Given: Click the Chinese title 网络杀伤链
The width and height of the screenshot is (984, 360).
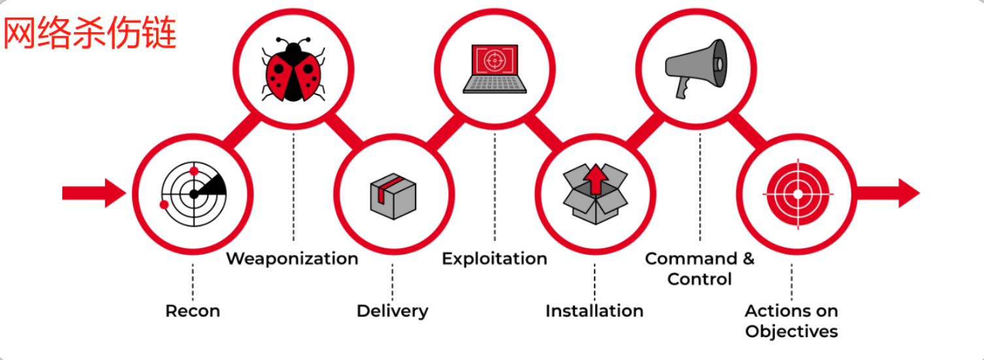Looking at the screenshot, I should [90, 33].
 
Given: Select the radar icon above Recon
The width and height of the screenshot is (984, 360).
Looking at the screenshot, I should [193, 193].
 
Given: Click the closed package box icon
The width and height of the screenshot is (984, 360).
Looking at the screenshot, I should [393, 196].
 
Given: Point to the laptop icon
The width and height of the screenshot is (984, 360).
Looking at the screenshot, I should [495, 68].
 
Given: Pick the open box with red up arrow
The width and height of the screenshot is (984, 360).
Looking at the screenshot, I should [595, 191].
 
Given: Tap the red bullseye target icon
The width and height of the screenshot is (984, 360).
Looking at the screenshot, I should [796, 193].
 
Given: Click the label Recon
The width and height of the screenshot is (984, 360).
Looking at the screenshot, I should [193, 311].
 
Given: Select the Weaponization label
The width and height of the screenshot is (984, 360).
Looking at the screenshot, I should [292, 259].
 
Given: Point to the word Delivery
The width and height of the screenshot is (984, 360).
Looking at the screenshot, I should [392, 311].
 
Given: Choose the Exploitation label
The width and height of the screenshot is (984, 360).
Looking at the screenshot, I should [494, 259].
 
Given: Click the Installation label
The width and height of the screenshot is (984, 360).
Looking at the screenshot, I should [594, 311].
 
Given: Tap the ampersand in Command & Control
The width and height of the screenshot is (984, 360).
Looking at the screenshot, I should [748, 259].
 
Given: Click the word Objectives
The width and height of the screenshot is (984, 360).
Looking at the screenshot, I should [791, 331].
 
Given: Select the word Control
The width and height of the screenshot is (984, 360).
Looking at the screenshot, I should [699, 280].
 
